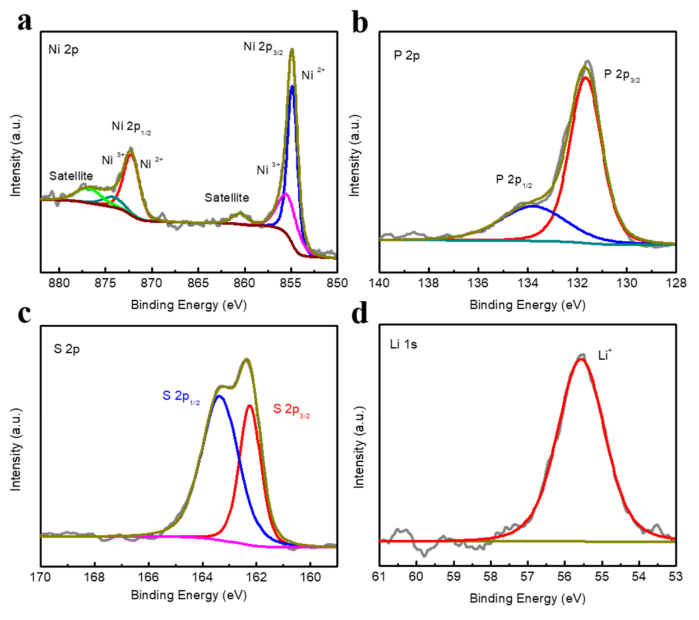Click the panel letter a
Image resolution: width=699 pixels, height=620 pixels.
[24, 21]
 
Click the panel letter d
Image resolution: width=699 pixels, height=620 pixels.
[359, 314]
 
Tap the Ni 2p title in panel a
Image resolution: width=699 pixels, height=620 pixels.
[63, 49]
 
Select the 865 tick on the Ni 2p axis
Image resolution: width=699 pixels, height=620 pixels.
[198, 283]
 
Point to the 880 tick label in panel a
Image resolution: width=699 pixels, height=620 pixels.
[59, 283]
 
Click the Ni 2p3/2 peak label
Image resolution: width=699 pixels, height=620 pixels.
[263, 47]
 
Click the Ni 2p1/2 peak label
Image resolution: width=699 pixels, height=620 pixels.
[131, 127]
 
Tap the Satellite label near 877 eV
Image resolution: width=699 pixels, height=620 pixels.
[71, 176]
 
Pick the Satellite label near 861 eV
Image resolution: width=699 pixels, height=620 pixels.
[226, 198]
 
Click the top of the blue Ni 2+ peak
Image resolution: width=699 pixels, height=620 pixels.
[292, 87]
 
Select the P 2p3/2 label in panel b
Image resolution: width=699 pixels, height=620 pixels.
[622, 75]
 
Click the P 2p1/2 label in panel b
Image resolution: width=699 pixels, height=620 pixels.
[513, 180]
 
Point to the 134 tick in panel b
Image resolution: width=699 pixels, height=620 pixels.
[527, 283]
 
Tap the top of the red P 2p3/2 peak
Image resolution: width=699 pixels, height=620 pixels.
[585, 77]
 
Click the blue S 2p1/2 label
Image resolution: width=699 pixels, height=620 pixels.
[180, 397]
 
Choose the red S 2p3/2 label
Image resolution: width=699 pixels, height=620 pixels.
[291, 410]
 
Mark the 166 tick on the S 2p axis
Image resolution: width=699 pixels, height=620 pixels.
[149, 577]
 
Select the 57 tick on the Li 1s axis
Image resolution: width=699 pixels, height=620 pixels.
[527, 577]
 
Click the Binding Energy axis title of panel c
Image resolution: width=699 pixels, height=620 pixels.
[189, 595]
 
